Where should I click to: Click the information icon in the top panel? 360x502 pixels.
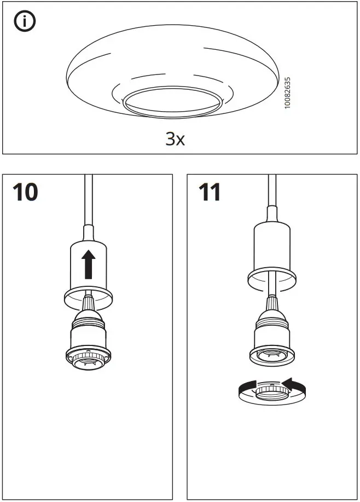pos(23,23)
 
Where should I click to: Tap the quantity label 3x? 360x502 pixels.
pos(175,139)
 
